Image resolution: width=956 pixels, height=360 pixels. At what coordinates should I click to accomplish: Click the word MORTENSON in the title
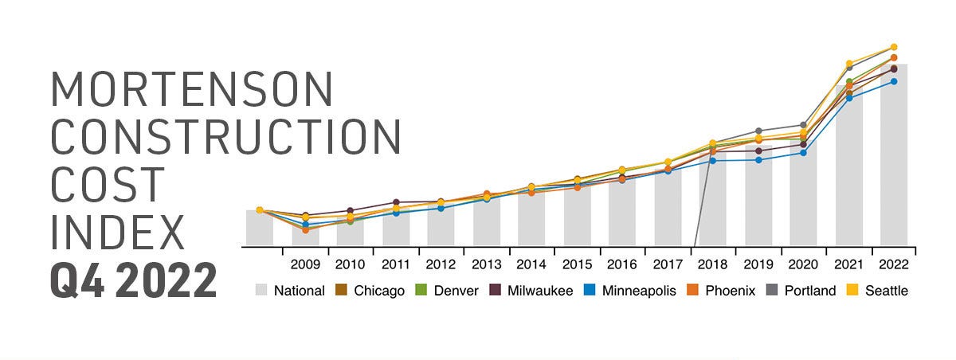click(x=192, y=89)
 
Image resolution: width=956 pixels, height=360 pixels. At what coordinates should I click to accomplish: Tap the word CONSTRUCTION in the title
click(x=225, y=137)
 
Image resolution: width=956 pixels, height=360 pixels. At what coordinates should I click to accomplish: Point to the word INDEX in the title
click(x=117, y=232)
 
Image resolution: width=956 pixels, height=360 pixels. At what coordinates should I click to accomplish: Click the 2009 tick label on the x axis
click(x=305, y=264)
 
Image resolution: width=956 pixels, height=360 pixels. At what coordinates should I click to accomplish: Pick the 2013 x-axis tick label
click(x=486, y=264)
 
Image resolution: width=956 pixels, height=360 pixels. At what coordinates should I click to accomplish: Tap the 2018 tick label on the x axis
click(x=712, y=264)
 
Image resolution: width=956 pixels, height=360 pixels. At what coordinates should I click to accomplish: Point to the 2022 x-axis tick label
click(x=894, y=264)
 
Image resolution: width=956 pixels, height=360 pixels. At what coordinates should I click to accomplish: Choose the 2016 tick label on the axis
click(x=621, y=264)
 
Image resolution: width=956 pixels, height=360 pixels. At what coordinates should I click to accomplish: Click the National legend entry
click(x=290, y=291)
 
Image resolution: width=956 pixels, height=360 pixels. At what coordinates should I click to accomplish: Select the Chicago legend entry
click(x=373, y=291)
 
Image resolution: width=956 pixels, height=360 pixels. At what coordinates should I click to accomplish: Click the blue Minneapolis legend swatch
click(x=590, y=291)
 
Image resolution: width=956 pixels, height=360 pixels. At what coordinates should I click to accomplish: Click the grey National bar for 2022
click(x=894, y=159)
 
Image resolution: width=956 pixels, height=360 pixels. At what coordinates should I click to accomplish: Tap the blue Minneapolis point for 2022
click(x=894, y=81)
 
